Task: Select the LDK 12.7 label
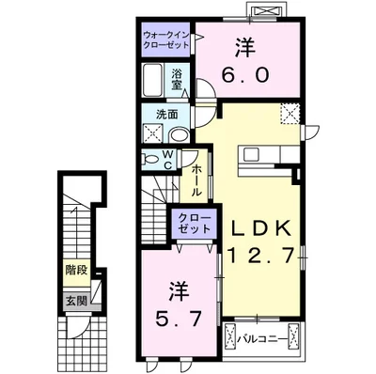[x=258, y=240]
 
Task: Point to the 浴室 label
[x=178, y=79]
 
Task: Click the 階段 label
[x=77, y=270]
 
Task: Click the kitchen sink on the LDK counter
[x=251, y=153]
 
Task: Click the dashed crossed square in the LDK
[x=289, y=115]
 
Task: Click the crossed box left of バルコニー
[x=229, y=335]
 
